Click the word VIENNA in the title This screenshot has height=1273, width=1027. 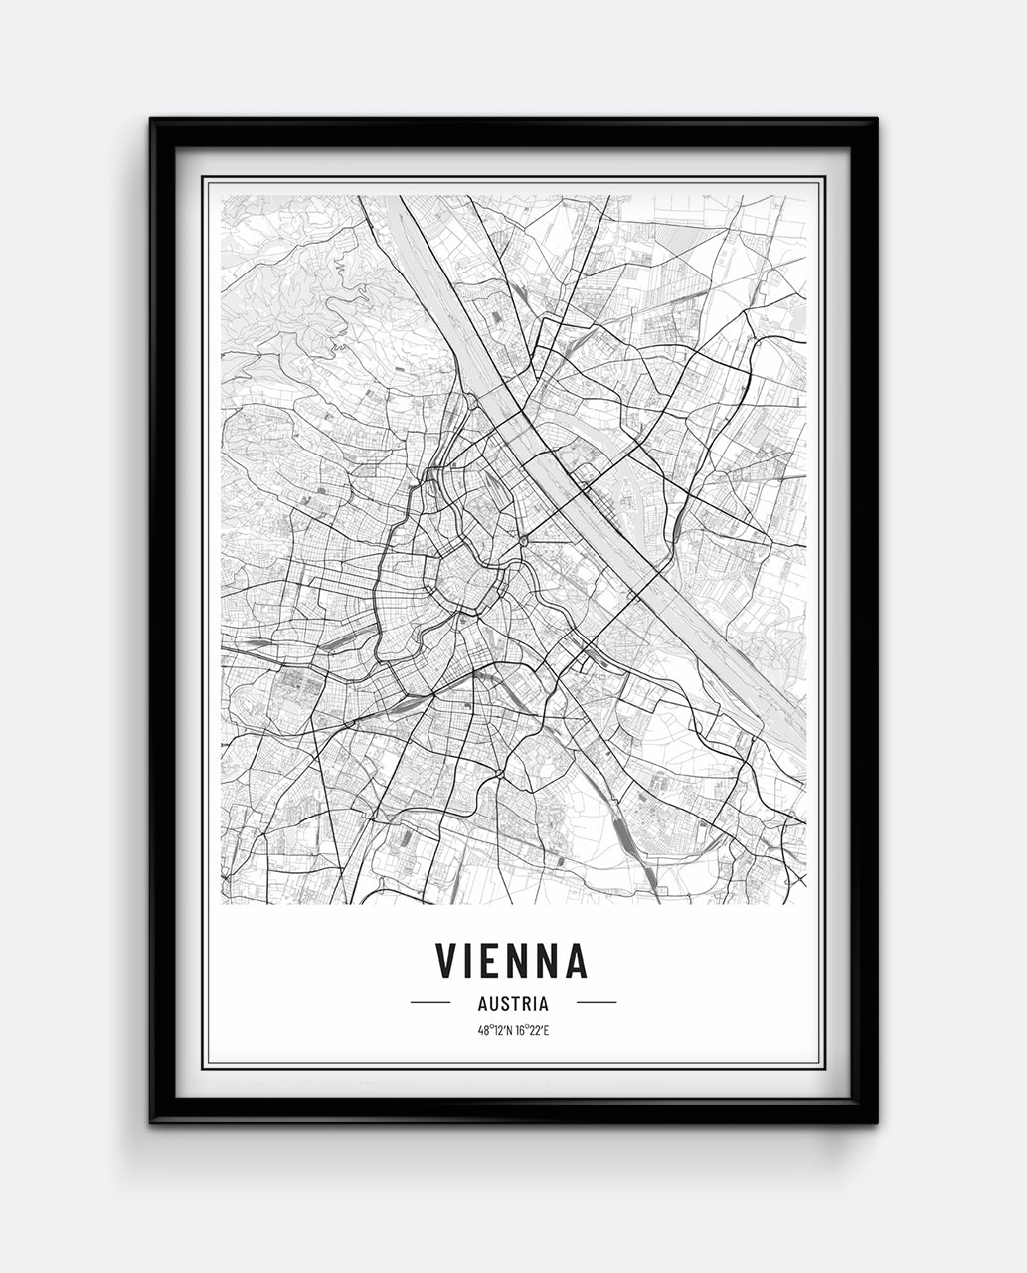click(x=512, y=960)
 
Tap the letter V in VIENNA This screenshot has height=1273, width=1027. click(x=446, y=960)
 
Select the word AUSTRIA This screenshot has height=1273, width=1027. click(x=513, y=1004)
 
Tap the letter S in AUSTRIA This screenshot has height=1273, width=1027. click(x=505, y=1004)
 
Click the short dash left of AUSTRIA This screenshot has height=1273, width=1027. click(x=430, y=1003)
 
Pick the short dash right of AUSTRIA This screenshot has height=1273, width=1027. click(x=596, y=1003)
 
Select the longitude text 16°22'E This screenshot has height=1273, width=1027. click(x=532, y=1030)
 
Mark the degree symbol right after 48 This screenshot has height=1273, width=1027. click(x=490, y=1027)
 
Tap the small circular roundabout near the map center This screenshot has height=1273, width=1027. click(x=523, y=541)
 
